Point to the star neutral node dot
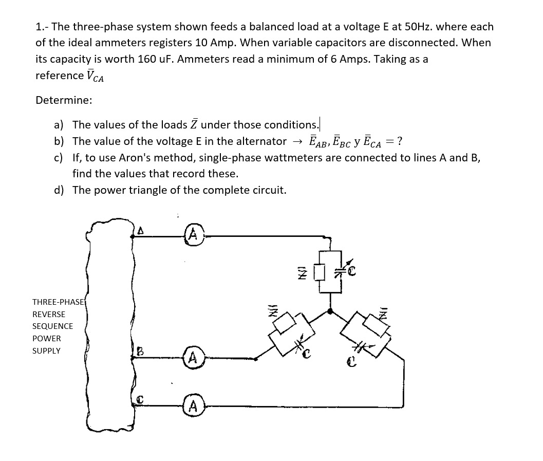[330, 311]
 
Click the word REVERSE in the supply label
[49, 314]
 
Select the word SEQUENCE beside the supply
[52, 326]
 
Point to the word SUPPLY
[46, 351]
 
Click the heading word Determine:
[64, 100]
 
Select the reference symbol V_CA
[95, 76]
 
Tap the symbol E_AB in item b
[319, 141]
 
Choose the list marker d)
[60, 190]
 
